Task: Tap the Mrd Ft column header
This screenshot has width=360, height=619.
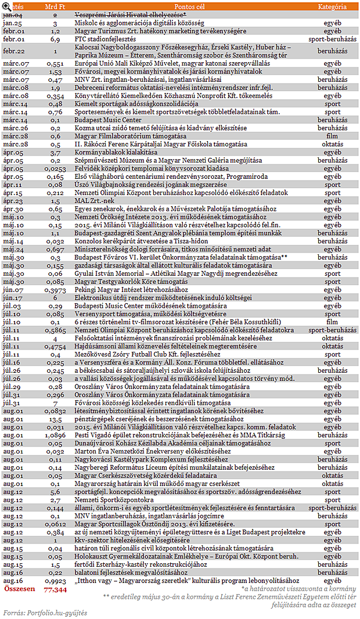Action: pyautogui.click(x=54, y=6)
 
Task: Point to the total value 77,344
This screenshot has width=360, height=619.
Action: pyautogui.click(x=55, y=589)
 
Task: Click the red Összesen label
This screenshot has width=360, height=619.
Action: pyautogui.click(x=19, y=589)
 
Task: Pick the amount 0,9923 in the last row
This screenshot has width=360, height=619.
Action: pyautogui.click(x=55, y=580)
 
